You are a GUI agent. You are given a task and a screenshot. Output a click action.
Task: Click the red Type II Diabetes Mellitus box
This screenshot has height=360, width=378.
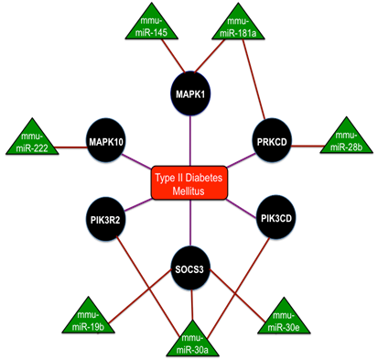coord(189,178)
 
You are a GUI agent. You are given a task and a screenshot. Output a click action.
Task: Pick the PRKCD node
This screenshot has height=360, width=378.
coord(272,142)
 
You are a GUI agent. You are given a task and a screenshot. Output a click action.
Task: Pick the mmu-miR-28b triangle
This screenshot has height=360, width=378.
coord(345,141)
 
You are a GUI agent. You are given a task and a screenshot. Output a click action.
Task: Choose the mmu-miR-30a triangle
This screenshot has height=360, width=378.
coord(191,340)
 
